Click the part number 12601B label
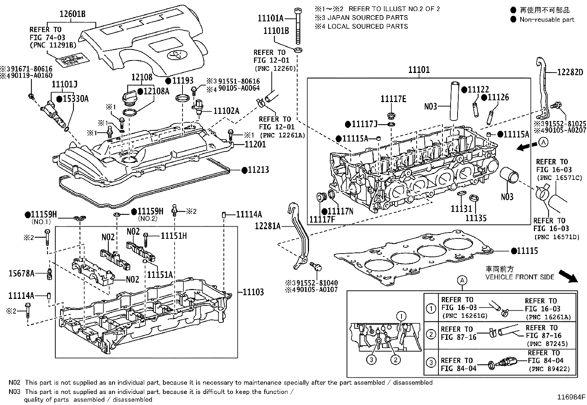pyautogui.click(x=73, y=15)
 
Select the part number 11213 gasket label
pyautogui.click(x=258, y=170)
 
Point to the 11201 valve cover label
pyautogui.click(x=255, y=144)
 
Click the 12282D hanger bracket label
pyautogui.click(x=570, y=72)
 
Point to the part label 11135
pyautogui.click(x=476, y=218)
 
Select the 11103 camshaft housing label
pyautogui.click(x=253, y=292)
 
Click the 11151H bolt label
pyautogui.click(x=174, y=235)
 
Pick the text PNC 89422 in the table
pyautogui.click(x=549, y=369)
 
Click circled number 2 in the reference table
pyautogui.click(x=431, y=335)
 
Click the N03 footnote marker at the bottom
pyautogui.click(x=14, y=392)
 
